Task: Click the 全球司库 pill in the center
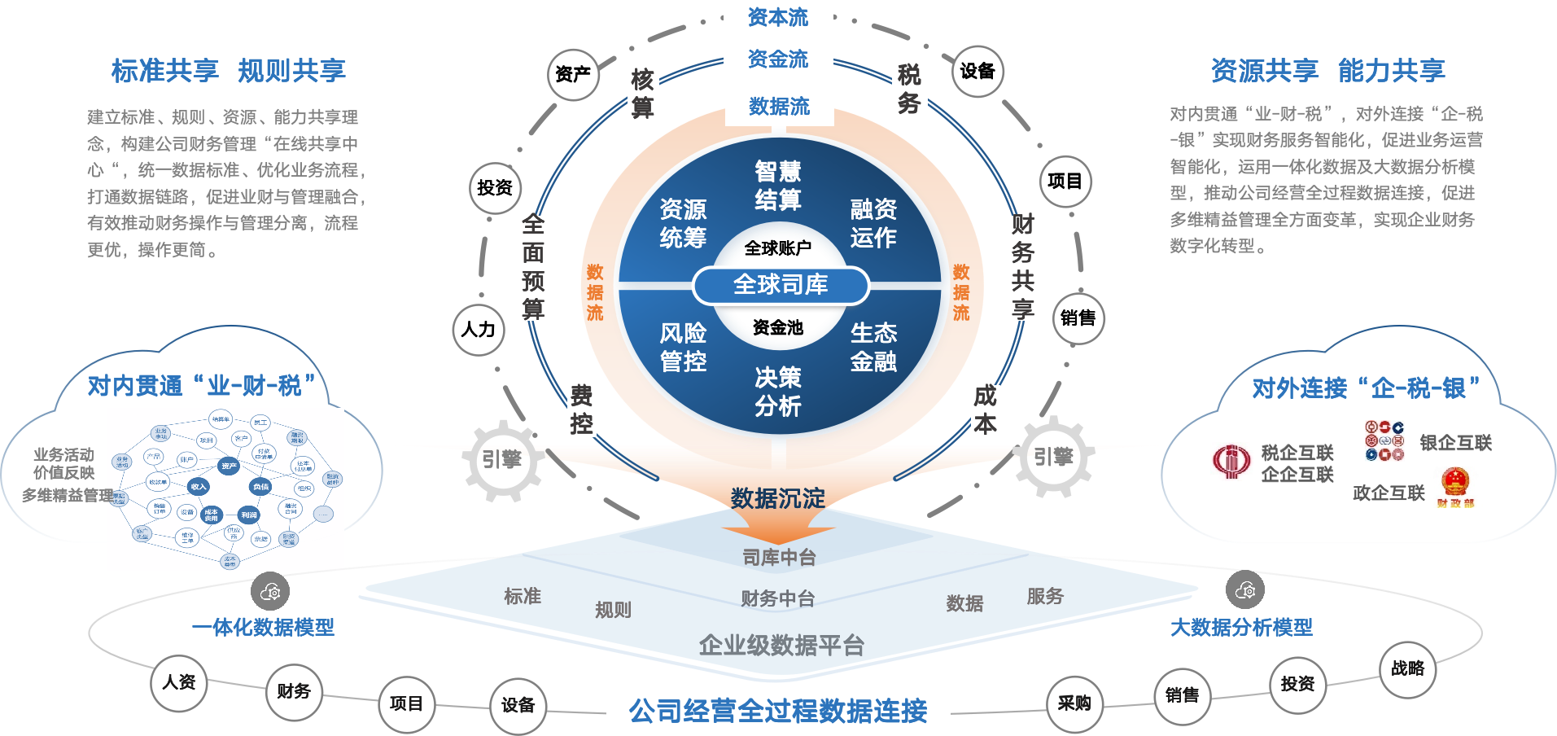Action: click(781, 285)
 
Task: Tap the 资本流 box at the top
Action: click(778, 17)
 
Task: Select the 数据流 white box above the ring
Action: click(779, 107)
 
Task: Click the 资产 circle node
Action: click(573, 75)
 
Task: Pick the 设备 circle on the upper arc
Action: click(977, 72)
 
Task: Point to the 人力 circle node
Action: click(479, 330)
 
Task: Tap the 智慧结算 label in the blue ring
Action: click(778, 186)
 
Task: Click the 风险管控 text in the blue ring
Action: click(683, 347)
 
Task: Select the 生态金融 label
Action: click(873, 347)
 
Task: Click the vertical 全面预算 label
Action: click(533, 267)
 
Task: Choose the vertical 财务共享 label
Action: click(1022, 267)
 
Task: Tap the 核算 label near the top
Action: click(643, 94)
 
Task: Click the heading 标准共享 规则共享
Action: click(229, 71)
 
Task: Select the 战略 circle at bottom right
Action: click(1407, 668)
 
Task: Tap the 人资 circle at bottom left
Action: click(179, 682)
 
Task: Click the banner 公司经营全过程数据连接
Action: click(778, 712)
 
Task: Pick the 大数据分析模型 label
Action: click(1241, 627)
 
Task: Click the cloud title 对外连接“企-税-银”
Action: click(1366, 388)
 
